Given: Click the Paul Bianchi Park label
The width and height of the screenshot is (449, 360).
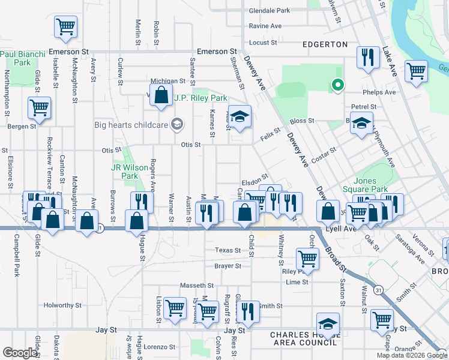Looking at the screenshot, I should pos(23,58).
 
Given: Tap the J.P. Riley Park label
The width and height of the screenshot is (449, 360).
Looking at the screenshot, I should pos(200,98).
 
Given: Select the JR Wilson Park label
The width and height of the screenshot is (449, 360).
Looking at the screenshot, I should pos(125,172).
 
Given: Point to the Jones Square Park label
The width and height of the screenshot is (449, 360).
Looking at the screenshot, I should pos(373,185).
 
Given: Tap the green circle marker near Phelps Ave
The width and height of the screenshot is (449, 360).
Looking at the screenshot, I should pos(337,85).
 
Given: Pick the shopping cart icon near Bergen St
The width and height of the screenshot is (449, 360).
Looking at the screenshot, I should pos(40,108).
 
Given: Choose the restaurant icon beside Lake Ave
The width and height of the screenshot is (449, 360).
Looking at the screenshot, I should pos(367,57).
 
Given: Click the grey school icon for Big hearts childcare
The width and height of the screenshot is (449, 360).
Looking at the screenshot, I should pos(176,125).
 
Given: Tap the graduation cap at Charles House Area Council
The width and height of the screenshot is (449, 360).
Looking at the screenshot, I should pos(328,325).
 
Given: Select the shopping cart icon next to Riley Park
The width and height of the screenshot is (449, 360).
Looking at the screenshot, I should pos(307,259).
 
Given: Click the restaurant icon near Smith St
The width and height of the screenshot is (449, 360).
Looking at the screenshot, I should pos(248,311).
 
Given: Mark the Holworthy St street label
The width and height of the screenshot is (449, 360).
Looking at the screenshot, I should pos(62,305).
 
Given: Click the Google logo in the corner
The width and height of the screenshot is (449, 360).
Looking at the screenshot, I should pos(20,353).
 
